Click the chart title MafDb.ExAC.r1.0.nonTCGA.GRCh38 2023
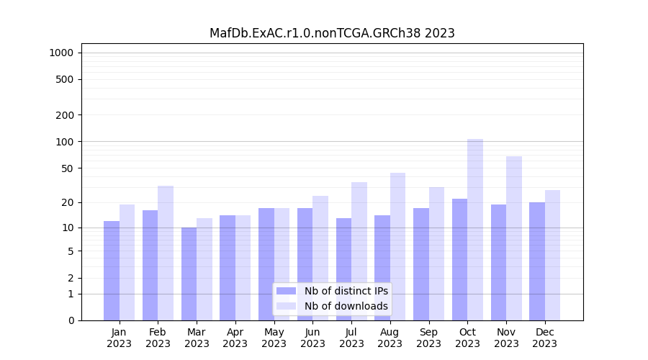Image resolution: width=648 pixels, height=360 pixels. pos(332,33)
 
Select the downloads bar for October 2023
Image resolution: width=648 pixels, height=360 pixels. pos(475,230)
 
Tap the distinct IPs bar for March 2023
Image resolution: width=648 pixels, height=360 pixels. pos(189,274)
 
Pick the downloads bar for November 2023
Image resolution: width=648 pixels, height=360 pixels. pos(514,238)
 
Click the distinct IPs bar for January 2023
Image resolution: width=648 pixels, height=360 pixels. pos(112,271)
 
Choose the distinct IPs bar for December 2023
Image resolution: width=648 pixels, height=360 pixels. pos(537,261)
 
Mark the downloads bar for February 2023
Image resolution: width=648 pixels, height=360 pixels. pos(166,253)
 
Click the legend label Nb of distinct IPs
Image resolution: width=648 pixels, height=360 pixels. pos(346,291)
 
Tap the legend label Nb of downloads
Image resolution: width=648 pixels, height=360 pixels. pos(346,306)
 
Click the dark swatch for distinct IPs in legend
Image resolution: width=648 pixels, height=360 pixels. pos(286,291)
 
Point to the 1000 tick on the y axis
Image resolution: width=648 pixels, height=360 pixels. pos(61,53)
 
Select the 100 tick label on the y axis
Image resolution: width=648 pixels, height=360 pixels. pos(65,142)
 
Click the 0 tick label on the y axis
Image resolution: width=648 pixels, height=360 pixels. pos(71,320)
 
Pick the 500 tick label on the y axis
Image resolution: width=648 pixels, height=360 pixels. pos(65,79)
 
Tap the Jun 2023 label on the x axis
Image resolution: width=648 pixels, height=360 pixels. pos(312,338)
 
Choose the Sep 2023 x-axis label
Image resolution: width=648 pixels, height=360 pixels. pos(428,338)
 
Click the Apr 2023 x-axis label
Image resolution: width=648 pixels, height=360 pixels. pos(235,338)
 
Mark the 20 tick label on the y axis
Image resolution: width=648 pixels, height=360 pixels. pos(68,202)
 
